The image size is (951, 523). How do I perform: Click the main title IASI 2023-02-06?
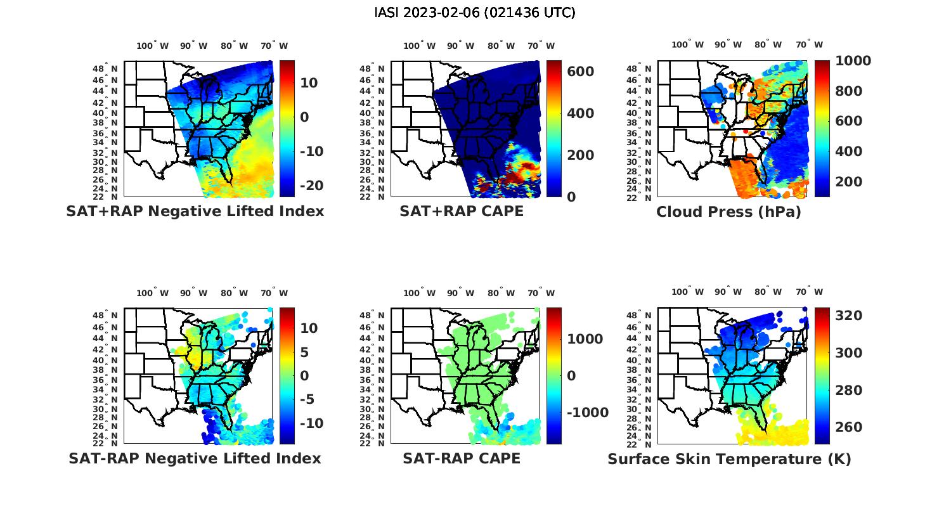(x=475, y=13)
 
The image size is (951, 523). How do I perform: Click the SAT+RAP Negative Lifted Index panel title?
(x=195, y=211)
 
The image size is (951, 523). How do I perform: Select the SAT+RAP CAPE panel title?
(x=462, y=211)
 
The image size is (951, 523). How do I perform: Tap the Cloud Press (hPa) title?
(x=728, y=212)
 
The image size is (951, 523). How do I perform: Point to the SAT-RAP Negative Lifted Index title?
(x=195, y=458)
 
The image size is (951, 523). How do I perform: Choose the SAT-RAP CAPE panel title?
(x=462, y=458)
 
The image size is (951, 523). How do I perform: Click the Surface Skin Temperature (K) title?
(x=729, y=459)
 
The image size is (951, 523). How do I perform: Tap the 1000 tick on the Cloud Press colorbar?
(x=853, y=61)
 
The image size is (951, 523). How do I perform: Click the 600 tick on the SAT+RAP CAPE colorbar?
(x=580, y=72)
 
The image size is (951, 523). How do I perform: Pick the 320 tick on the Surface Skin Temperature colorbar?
(x=848, y=316)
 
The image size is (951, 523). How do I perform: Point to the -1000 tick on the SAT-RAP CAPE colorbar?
(x=587, y=413)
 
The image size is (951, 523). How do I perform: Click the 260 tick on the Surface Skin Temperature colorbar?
(x=848, y=427)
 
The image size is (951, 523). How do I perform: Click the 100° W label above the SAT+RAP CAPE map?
(x=419, y=46)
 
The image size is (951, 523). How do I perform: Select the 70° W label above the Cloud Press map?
(x=809, y=45)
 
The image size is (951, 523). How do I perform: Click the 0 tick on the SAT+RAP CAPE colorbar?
(x=571, y=197)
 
